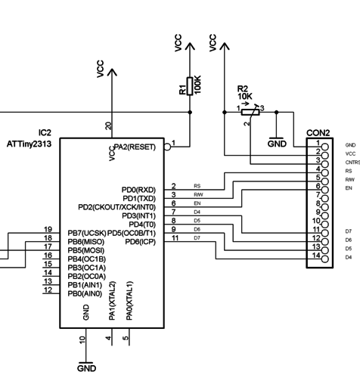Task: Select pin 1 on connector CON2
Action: [x=324, y=144]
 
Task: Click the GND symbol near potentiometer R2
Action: [x=277, y=142]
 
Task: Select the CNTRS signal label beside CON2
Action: [x=352, y=162]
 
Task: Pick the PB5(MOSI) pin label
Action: [x=85, y=250]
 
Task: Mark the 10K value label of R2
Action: [x=245, y=97]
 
